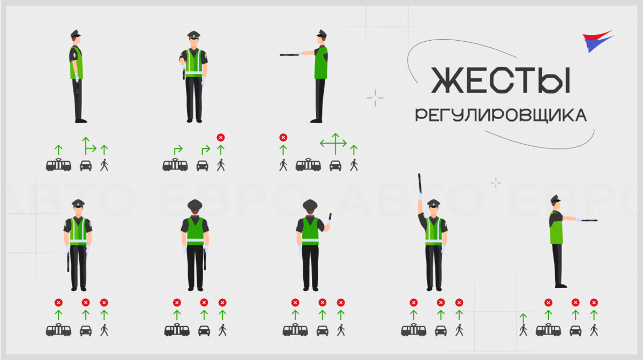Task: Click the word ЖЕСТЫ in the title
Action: coord(501,80)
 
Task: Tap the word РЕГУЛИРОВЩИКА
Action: coord(501,115)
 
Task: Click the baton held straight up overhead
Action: coord(420,183)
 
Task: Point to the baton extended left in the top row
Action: coord(289,55)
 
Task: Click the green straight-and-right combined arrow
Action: coord(89,146)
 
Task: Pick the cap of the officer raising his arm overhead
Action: coord(433,203)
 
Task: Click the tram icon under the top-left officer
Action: coord(58,165)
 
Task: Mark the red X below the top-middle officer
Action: coord(220,138)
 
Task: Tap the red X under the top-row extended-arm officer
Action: coord(283,138)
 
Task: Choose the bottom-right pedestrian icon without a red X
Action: coord(524,330)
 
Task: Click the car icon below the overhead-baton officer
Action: coord(440,331)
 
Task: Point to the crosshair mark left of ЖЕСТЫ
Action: coord(375,98)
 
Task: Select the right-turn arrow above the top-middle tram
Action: coord(178,150)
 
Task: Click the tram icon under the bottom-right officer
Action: coord(548,329)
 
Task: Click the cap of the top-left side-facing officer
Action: coord(76,34)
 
